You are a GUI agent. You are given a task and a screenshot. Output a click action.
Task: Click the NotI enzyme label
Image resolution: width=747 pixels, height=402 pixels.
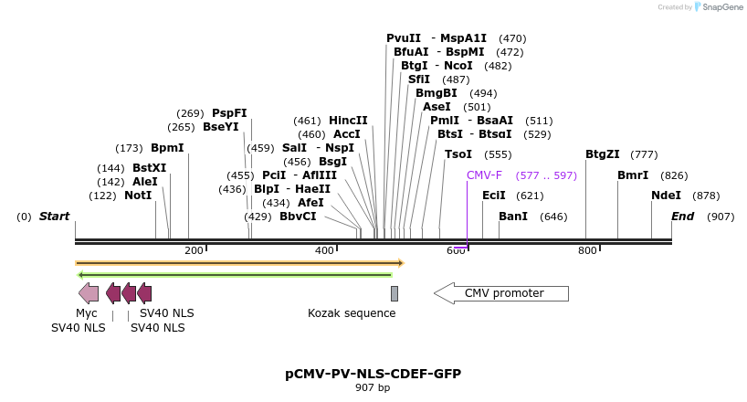pos(138,196)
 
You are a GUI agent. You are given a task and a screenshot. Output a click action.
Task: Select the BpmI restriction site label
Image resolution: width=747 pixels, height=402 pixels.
pos(167,147)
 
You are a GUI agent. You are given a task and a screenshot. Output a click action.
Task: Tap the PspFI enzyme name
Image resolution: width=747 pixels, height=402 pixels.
pos(229,112)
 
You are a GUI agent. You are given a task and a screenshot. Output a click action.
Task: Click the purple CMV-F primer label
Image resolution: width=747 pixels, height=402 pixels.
pos(484,175)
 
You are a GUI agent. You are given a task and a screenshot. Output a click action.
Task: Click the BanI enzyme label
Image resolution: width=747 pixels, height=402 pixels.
pos(513,217)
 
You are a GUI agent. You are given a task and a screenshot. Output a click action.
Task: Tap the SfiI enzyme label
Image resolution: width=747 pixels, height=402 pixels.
pos(419,79)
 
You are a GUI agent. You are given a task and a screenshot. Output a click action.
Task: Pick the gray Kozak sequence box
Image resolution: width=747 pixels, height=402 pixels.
pos(395,293)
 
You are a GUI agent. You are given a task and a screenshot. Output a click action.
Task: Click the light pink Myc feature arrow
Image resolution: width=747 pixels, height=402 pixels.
pos(89,293)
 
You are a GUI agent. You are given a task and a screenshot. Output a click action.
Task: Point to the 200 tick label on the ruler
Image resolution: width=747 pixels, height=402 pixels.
pos(194,250)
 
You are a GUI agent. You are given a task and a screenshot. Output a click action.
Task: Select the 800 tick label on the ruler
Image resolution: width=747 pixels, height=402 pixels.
pos(587,250)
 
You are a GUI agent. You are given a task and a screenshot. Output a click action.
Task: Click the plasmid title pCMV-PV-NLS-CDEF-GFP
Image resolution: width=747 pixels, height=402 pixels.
pos(373,374)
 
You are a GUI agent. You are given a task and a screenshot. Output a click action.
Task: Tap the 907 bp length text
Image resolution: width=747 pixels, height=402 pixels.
pos(373,388)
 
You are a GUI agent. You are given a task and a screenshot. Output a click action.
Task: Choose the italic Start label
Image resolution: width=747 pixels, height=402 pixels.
pos(54,217)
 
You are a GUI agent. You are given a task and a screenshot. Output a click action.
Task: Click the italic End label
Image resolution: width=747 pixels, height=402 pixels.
pos(682,217)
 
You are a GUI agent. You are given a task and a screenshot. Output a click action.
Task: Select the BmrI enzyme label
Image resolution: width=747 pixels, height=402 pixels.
pos(633,175)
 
